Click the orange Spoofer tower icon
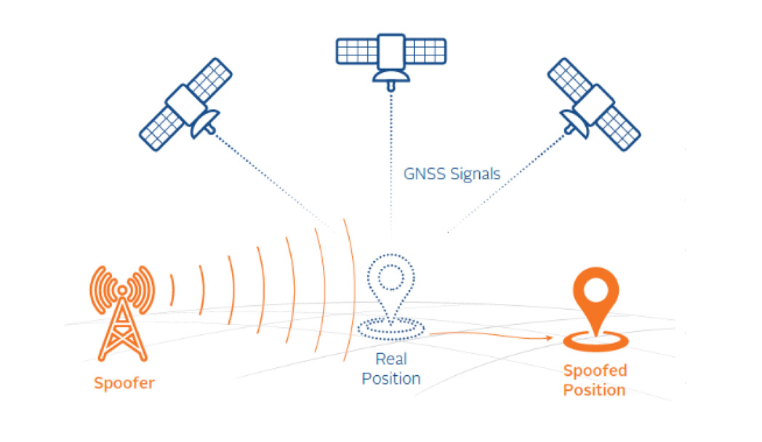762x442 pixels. (x=122, y=313)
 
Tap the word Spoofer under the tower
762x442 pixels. (x=124, y=382)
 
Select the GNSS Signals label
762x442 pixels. (x=452, y=174)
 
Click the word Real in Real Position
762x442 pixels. (x=391, y=359)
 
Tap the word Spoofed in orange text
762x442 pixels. (x=595, y=371)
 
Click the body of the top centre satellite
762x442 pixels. (x=391, y=52)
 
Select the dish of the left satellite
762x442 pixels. (x=204, y=124)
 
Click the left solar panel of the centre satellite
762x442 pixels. (x=357, y=52)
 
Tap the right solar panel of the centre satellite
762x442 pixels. (x=425, y=52)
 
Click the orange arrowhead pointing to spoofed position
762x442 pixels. (x=550, y=338)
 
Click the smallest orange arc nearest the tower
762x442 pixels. (x=172, y=291)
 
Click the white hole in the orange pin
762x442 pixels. (x=595, y=290)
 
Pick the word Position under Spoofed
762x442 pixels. (x=594, y=390)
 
